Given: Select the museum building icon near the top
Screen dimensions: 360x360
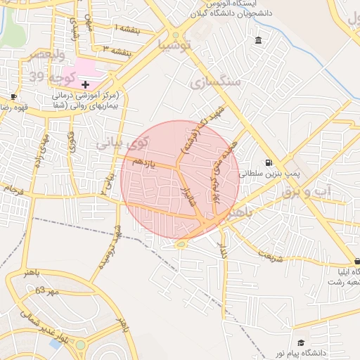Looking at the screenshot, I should point(259,39).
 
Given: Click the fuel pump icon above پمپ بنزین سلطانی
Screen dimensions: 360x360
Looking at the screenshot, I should point(268,162).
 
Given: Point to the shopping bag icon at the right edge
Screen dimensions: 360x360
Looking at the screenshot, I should point(356,261).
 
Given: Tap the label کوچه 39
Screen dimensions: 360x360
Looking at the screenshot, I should point(48,76).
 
